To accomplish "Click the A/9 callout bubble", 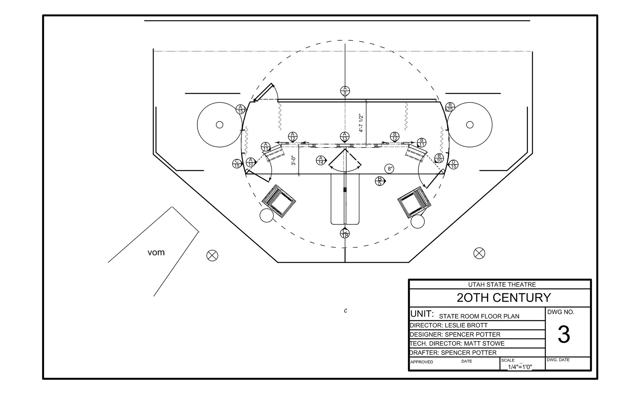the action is pos(345,90).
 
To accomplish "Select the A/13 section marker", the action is pos(345,137).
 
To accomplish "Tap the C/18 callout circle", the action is pos(345,233).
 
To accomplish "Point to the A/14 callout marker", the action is pos(321,160).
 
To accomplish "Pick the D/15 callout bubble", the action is pos(453,164).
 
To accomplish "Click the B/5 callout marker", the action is pos(380,181).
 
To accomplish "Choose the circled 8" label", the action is pos(390,168).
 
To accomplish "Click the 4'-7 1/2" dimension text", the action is pos(361,123).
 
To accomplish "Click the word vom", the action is pos(156,252).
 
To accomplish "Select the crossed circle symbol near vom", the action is pos(212,256).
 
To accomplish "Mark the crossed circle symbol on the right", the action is pos(479,253).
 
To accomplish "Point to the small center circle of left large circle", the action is pos(220,125).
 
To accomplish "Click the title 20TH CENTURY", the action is pos(504,298).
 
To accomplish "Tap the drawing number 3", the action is pos(564,335).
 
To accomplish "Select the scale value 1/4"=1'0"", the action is pos(520,367).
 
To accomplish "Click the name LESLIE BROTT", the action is pos(466,325).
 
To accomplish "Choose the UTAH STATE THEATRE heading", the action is pos(502,285).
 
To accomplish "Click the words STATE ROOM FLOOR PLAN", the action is pos(479,316).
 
